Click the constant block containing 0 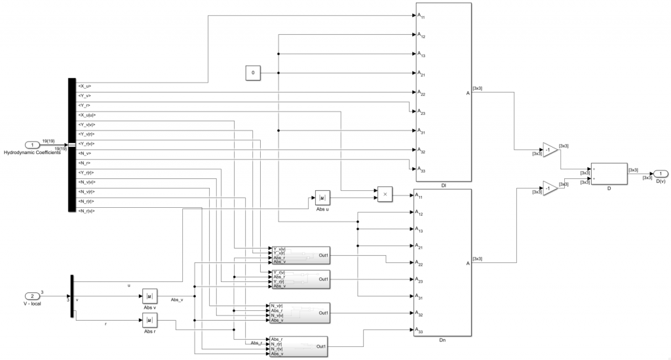click(x=254, y=73)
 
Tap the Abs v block click(x=150, y=296)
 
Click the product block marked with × click(x=385, y=194)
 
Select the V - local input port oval click(x=31, y=296)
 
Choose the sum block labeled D click(x=609, y=173)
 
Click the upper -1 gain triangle click(x=549, y=150)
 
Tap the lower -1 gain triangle click(x=549, y=189)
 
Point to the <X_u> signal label click(x=85, y=86)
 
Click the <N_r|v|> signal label click(x=87, y=211)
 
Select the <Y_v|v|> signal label click(x=87, y=125)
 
